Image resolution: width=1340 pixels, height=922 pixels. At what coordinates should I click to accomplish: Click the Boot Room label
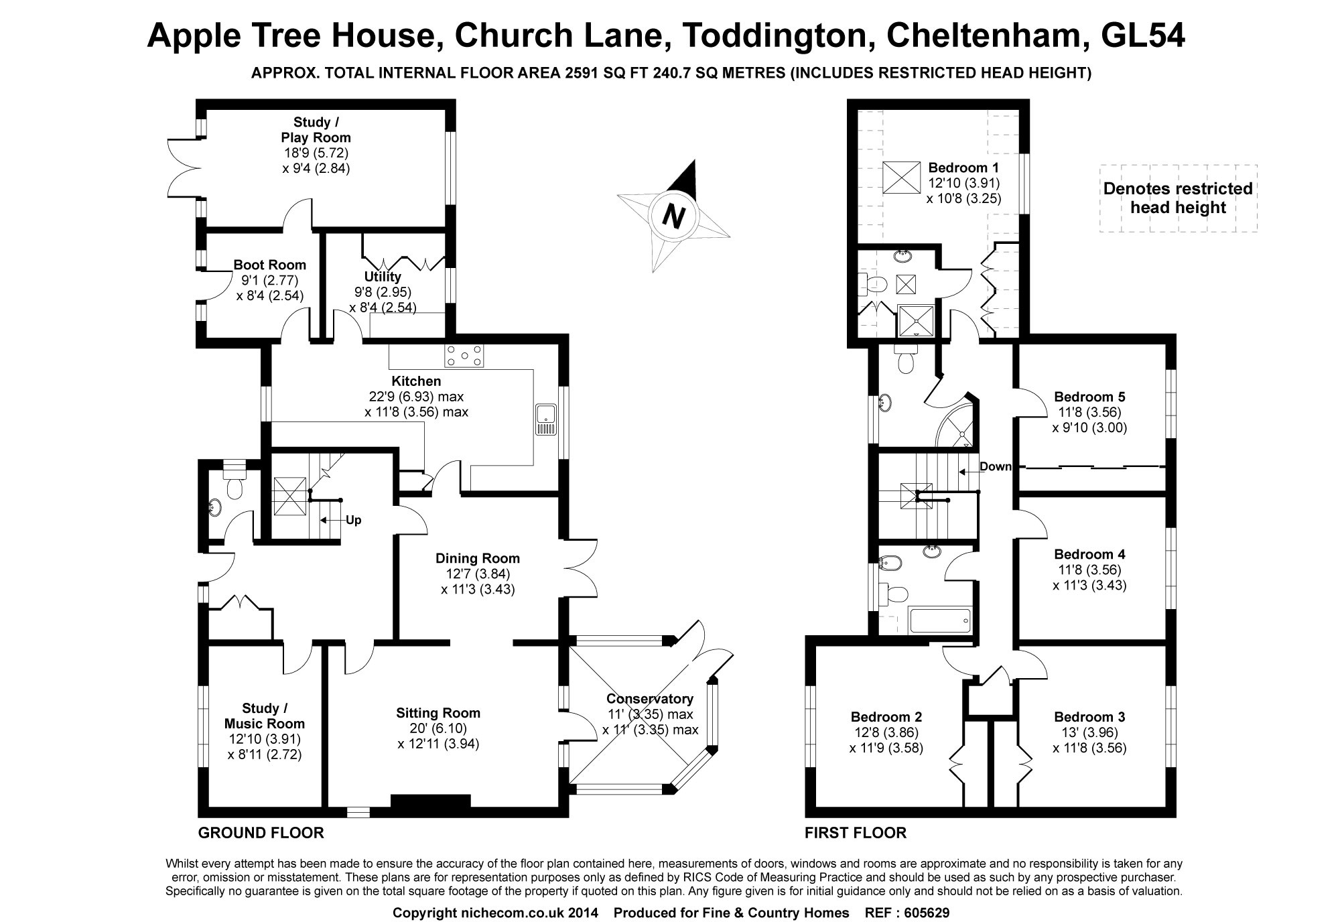[270, 265]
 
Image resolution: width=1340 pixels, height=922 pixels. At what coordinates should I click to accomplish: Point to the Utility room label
[383, 277]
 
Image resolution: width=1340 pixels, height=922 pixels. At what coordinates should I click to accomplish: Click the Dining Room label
[478, 558]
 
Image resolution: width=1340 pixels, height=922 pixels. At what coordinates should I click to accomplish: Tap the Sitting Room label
[438, 713]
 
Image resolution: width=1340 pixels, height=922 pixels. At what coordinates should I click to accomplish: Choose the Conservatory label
[650, 699]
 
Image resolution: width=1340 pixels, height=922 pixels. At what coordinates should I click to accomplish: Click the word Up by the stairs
[354, 520]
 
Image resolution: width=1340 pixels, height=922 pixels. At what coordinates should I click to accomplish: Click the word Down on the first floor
[996, 466]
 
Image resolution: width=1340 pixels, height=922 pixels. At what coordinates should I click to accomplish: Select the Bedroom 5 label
[1089, 396]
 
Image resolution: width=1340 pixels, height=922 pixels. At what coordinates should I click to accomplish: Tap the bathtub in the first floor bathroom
[939, 620]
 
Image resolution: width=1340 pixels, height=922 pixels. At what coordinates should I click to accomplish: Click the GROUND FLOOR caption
[261, 833]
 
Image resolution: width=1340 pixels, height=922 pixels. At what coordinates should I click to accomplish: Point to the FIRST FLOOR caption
[856, 833]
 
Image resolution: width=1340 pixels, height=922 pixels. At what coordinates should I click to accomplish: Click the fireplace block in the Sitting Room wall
[431, 805]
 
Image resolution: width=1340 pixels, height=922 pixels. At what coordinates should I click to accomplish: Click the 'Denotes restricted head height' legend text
[1178, 198]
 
